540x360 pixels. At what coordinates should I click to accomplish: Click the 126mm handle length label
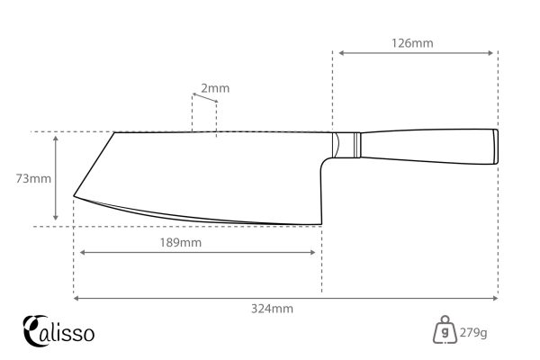(415, 41)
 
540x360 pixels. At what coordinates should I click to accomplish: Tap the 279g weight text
(472, 333)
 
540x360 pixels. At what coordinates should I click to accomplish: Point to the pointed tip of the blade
(74, 196)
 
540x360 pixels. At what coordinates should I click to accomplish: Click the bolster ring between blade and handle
(357, 144)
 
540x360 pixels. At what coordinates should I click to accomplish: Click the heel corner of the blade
(319, 222)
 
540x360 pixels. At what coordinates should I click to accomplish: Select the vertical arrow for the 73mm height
(56, 178)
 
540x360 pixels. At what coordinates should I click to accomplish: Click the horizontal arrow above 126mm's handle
(415, 52)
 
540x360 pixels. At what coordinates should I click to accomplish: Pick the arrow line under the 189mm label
(200, 253)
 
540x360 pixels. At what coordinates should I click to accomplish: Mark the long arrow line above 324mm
(285, 297)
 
